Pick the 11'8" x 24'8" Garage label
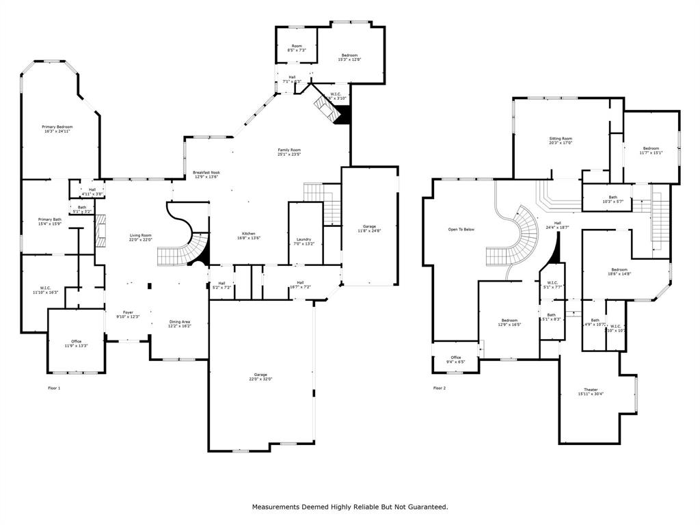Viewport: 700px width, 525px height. (x=370, y=228)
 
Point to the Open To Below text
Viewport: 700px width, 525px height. (x=461, y=229)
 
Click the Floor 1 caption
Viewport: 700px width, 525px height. (x=54, y=388)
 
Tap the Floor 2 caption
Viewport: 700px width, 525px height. (x=439, y=388)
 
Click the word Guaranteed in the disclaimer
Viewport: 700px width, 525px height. (x=423, y=507)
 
